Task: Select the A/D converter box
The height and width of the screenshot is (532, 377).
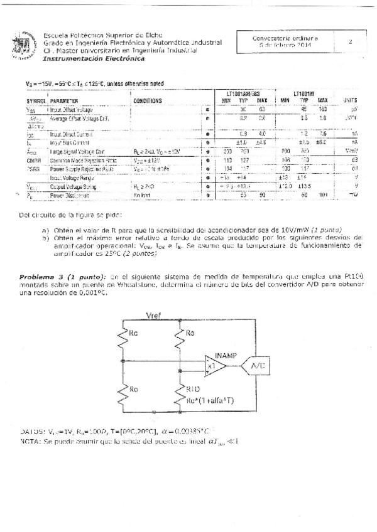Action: tap(258, 364)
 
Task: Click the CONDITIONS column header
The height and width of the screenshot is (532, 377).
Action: tap(148, 100)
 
